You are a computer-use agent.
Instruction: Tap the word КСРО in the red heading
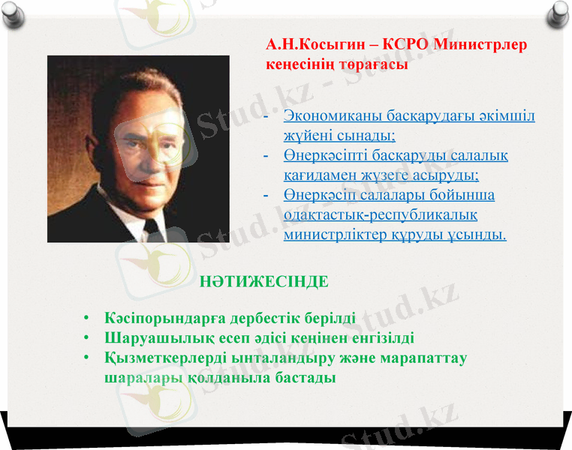[405, 45]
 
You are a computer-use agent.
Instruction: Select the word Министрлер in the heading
[482, 45]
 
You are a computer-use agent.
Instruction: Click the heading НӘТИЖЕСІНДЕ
[264, 283]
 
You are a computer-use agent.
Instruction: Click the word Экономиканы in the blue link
[333, 117]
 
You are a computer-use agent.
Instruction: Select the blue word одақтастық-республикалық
[381, 215]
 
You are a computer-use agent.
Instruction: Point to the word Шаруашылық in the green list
[150, 338]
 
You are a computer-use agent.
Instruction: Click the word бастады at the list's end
[304, 377]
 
